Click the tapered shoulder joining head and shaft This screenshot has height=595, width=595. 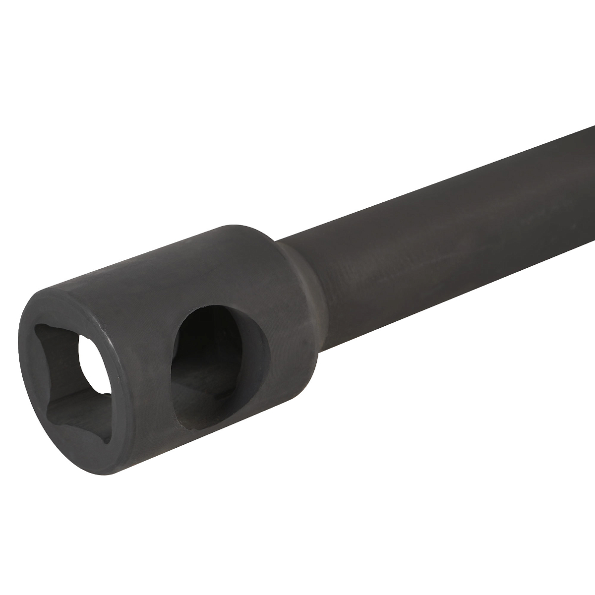coord(297,278)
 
